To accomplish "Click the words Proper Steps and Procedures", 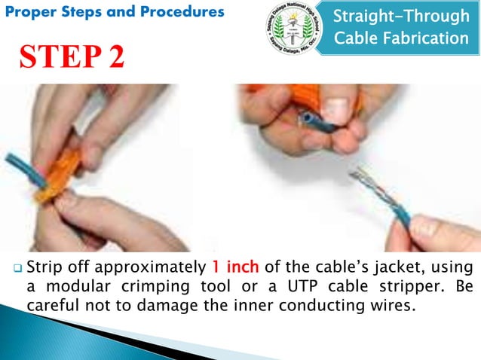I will [x=113, y=12].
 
